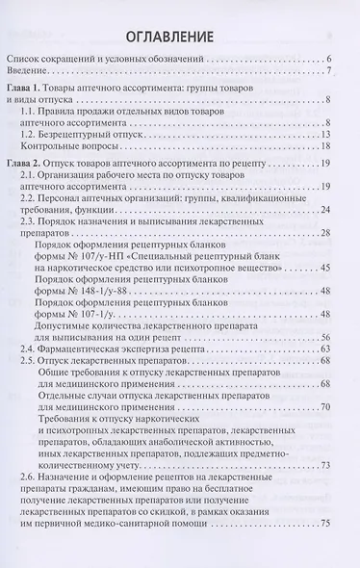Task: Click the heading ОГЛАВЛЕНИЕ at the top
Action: (180, 37)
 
